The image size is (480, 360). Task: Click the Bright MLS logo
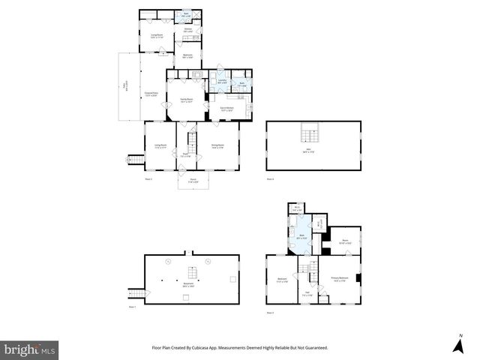tap(30, 349)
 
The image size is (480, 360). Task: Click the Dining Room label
tap(219, 146)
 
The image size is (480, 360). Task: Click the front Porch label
tap(192, 180)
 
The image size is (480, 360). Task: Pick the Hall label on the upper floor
tap(306, 295)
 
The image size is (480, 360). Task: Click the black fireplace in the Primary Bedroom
tap(358, 279)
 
